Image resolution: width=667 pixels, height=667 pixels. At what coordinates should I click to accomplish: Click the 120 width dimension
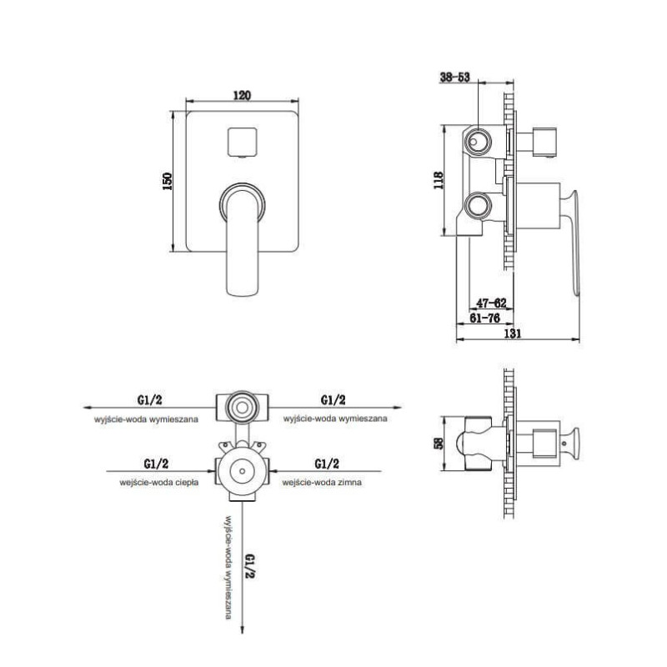[242, 95]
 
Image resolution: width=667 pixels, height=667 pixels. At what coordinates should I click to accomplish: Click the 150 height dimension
[168, 181]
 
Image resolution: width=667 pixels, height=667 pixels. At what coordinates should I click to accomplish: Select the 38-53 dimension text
[454, 77]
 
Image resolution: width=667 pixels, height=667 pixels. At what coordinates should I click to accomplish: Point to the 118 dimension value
[438, 180]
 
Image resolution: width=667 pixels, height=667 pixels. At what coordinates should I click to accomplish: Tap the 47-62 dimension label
[491, 303]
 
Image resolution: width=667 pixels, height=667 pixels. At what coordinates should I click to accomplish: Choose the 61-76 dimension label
[484, 318]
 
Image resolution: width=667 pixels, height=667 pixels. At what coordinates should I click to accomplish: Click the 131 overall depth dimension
[512, 333]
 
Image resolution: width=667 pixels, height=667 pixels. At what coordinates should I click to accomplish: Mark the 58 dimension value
[438, 443]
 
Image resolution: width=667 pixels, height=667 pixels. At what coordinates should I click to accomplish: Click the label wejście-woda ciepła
[159, 483]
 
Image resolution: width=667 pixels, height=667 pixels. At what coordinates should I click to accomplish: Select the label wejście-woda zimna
[322, 483]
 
